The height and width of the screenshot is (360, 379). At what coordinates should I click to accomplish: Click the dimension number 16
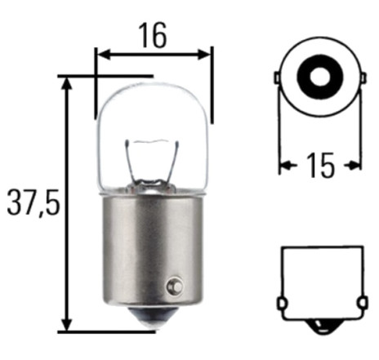click(x=153, y=35)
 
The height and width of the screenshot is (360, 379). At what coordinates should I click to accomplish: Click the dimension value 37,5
click(x=33, y=202)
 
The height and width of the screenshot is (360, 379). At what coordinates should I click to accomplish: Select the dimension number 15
click(x=320, y=165)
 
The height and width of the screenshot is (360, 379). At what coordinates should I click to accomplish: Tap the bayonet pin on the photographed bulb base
click(x=175, y=286)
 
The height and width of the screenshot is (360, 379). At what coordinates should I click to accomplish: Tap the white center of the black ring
click(x=319, y=77)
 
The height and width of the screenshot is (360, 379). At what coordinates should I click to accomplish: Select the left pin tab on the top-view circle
click(x=277, y=78)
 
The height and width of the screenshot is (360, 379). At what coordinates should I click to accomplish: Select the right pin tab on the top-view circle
click(x=363, y=78)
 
